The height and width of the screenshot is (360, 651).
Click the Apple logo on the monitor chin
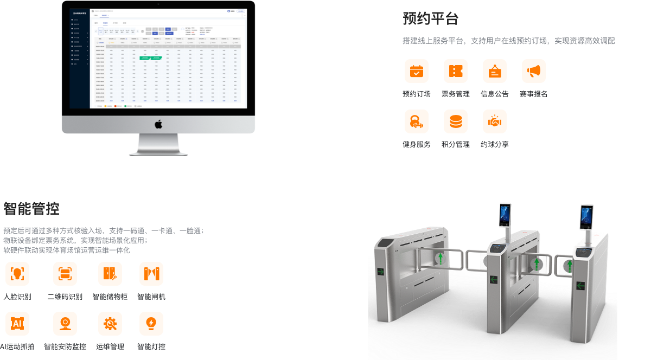pyautogui.click(x=158, y=125)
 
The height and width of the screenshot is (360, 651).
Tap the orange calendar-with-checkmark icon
pyautogui.click(x=417, y=71)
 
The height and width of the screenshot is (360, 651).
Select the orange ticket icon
pyautogui.click(x=456, y=71)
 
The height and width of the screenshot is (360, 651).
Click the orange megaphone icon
pyautogui.click(x=534, y=71)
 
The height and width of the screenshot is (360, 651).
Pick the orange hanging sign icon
pyautogui.click(x=495, y=72)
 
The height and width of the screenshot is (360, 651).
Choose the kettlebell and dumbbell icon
pyautogui.click(x=417, y=122)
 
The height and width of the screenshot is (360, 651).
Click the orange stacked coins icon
pyautogui.click(x=456, y=122)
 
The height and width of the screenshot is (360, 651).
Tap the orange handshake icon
pyautogui.click(x=495, y=122)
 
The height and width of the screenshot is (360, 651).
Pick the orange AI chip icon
pyautogui.click(x=17, y=324)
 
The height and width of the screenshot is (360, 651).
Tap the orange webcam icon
pyautogui.click(x=65, y=324)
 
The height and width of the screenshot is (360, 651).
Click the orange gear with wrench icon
pyautogui.click(x=111, y=324)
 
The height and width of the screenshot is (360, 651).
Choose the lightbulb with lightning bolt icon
pyautogui.click(x=151, y=324)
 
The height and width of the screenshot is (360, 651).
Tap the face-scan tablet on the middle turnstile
pyautogui.click(x=505, y=215)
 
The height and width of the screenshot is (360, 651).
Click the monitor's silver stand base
pyautogui.click(x=158, y=152)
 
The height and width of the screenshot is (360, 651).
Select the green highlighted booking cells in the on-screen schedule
pyautogui.click(x=151, y=57)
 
